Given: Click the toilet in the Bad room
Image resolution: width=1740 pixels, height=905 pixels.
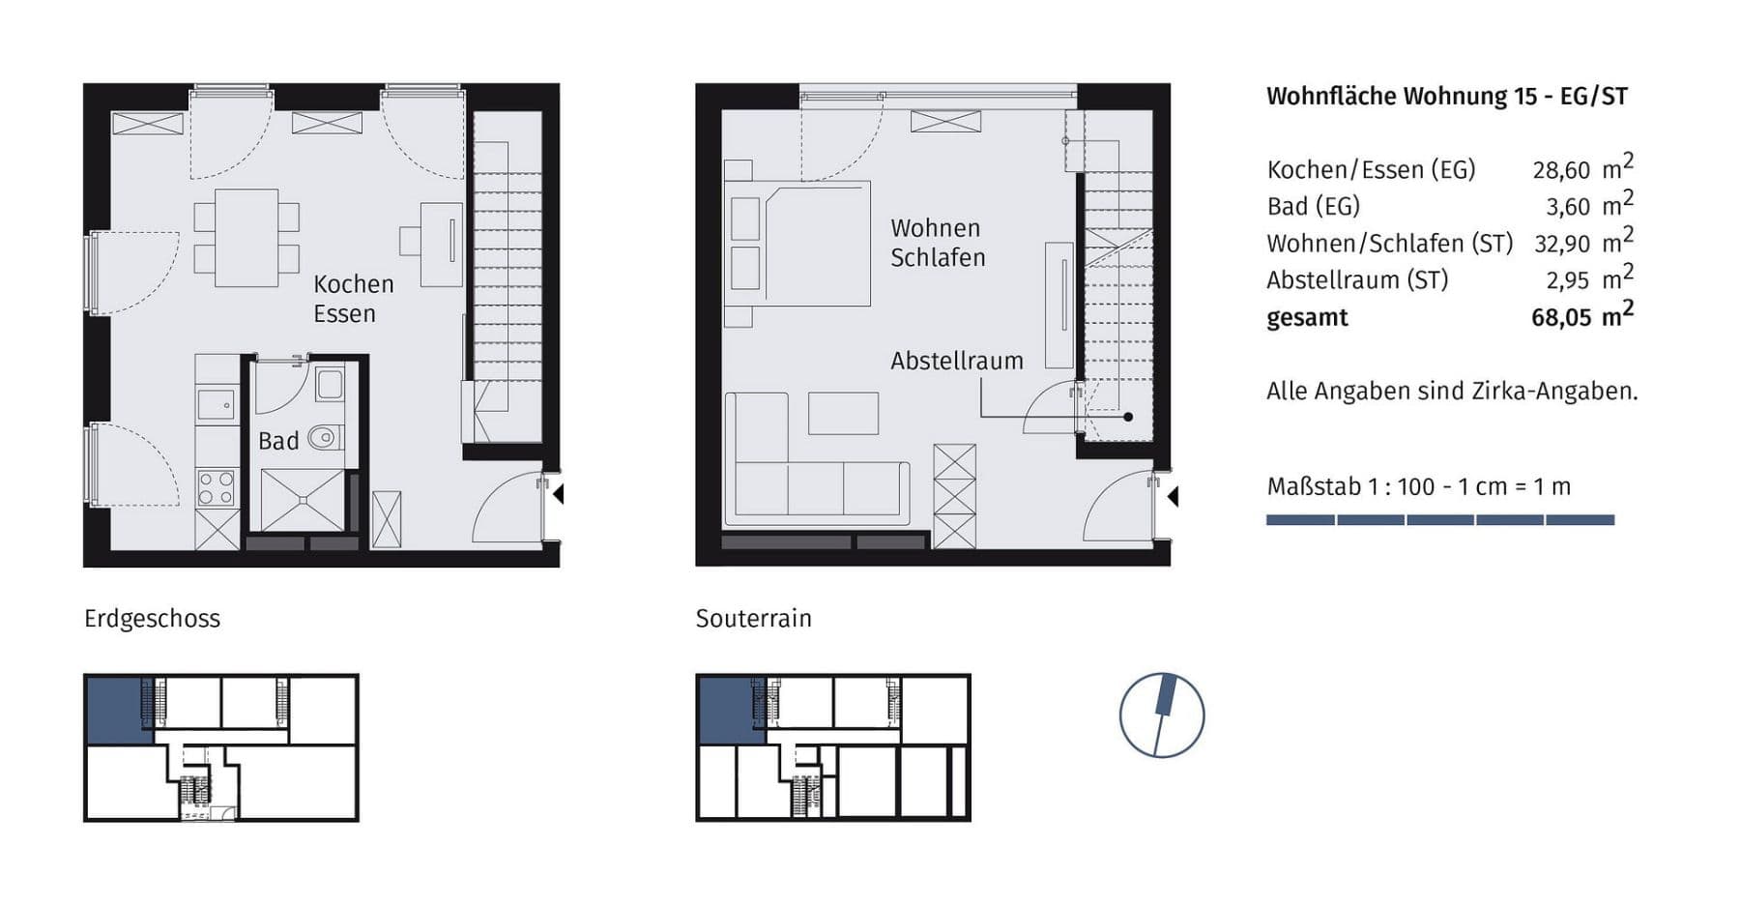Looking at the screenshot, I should (325, 438).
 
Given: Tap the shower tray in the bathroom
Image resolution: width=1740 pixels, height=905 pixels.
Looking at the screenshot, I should (302, 500).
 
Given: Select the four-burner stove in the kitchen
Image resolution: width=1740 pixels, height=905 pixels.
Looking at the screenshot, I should (216, 488).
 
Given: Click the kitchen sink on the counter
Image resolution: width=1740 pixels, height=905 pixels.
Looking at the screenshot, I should (217, 403).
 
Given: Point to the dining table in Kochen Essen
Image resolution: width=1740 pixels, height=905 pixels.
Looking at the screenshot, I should (246, 238).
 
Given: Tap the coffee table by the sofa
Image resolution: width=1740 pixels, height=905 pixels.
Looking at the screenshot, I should (843, 413).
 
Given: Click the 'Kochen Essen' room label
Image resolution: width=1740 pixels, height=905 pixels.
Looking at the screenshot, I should (352, 299).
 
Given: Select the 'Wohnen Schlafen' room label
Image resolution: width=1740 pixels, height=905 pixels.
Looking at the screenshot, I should (937, 243).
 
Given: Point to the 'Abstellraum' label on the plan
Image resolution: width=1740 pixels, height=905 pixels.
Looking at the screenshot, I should (956, 361).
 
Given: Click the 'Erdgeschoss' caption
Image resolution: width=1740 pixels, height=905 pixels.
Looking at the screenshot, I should (152, 619).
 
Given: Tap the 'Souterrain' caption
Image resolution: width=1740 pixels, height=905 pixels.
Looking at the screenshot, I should (753, 619).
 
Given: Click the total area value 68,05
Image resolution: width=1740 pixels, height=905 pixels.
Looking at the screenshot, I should (1560, 318).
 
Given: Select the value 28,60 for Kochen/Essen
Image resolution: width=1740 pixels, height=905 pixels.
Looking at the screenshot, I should (1560, 170).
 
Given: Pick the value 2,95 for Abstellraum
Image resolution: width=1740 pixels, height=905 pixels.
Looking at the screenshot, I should (1567, 280).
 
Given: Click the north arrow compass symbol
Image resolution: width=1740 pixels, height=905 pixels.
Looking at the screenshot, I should (1161, 715).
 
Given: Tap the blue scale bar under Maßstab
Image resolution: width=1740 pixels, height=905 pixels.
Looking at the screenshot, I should (1439, 520).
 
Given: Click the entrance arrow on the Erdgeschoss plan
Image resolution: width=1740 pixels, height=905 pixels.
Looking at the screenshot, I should (557, 494).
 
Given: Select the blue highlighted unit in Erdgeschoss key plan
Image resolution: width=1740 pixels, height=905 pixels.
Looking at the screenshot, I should (115, 710).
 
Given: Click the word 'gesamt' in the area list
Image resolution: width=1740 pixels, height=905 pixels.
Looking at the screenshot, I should (1307, 318).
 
